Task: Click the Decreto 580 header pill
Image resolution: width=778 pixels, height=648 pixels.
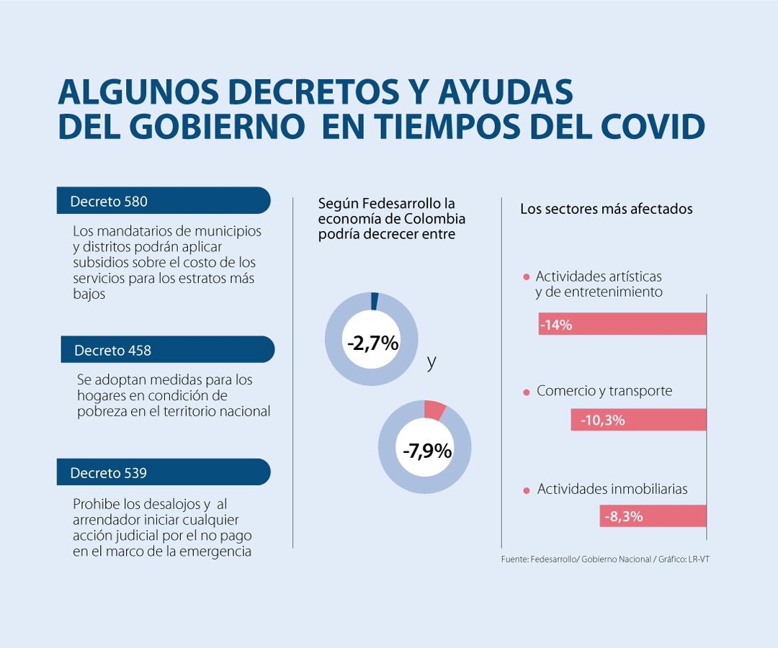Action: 163,201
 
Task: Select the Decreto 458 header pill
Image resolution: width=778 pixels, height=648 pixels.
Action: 167,350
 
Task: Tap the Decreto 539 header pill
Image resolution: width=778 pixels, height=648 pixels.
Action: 163,472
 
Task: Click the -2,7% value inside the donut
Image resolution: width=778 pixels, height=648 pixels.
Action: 372,343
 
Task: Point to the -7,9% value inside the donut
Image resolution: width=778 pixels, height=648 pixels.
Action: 426,451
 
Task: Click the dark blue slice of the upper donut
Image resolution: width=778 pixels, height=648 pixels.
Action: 375,300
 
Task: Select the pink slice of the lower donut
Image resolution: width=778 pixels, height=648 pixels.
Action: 434,409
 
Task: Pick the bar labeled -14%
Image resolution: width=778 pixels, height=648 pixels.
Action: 622,324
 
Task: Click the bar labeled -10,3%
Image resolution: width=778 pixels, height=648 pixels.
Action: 638,420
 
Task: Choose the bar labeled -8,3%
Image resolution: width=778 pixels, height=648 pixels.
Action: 653,516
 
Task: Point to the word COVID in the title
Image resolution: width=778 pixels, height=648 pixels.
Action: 652,127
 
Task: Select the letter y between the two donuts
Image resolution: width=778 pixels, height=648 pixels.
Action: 432,362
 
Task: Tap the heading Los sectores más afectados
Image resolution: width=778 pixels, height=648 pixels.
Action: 606,209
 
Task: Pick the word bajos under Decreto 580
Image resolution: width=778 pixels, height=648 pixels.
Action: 89,294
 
